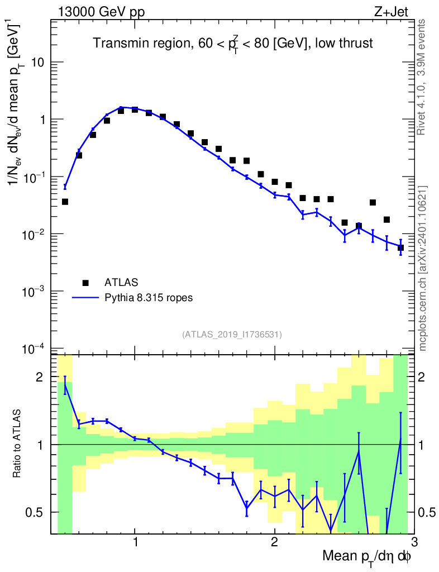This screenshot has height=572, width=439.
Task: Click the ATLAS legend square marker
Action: pos(85,282)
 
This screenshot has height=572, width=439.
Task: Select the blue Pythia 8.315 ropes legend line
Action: pos(85,298)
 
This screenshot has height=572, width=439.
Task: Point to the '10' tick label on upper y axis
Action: pos(38,63)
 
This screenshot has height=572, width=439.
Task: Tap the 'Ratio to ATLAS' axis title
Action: pos(17,444)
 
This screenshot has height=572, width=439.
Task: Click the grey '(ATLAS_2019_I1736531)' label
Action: pos(232,335)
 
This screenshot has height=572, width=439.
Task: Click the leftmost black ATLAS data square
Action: pos(65,202)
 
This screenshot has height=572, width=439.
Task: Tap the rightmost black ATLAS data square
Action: pos(400,247)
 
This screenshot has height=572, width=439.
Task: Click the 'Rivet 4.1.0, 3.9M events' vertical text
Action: pos(422,77)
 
